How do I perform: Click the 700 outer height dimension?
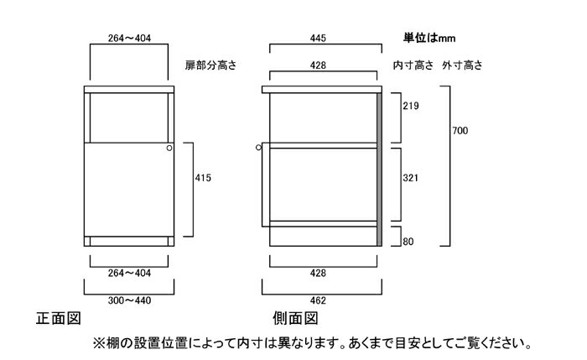(460, 131)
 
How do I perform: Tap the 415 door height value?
(203, 178)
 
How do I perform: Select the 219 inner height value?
(411, 106)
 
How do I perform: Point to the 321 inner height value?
(410, 178)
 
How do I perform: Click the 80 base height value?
(408, 242)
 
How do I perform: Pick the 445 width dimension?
(318, 39)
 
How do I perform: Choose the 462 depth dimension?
(318, 300)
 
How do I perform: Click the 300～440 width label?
(129, 300)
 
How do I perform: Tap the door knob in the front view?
(169, 148)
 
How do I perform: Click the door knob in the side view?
(258, 148)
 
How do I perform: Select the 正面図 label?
(59, 318)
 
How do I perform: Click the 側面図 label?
(295, 318)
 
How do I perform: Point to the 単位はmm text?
(429, 38)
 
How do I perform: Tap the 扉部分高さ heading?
(210, 65)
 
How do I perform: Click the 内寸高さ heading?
(413, 65)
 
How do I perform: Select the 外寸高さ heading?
(462, 65)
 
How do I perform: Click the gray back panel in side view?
(379, 170)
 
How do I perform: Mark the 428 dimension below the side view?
(318, 273)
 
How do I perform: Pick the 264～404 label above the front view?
(129, 39)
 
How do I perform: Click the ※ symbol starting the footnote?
(99, 342)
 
